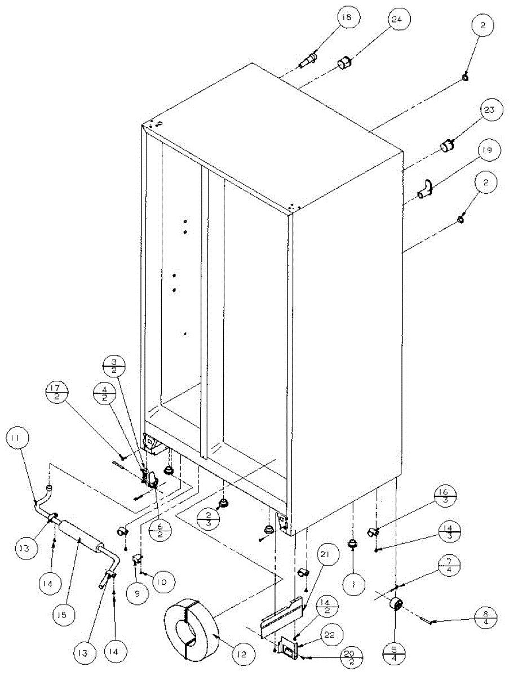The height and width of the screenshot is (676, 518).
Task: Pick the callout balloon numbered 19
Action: [486, 150]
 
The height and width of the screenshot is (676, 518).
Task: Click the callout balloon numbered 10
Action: [163, 580]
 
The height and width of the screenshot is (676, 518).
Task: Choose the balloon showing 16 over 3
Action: [441, 498]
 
